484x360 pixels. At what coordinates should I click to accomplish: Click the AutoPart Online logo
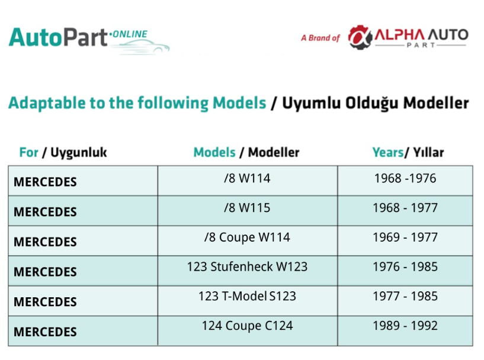coord(89,40)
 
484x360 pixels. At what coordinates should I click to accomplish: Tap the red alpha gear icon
coord(360,37)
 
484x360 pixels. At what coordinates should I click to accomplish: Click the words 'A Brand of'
coord(320,38)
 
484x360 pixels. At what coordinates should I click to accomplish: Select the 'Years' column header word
coord(387,152)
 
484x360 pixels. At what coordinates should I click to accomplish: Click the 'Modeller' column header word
coord(274,152)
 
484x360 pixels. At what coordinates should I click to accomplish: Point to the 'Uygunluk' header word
coord(78,153)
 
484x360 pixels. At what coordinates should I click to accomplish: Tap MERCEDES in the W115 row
coord(45,212)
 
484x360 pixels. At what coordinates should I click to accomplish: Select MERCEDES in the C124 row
coord(45,332)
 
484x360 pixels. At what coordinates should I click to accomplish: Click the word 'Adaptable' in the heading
coord(47,103)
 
